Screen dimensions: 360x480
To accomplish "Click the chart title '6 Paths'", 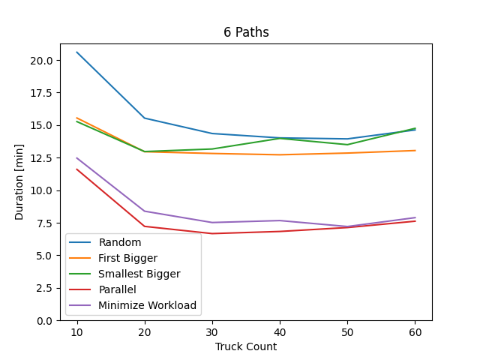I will coord(246,32).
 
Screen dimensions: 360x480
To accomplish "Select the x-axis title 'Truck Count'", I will coord(246,346).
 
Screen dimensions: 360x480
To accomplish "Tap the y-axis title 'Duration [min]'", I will coord(19,182).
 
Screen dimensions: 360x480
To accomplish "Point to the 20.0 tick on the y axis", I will coord(42,60).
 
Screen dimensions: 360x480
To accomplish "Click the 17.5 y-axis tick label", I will coord(42,93).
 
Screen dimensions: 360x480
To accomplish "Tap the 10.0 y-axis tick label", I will coord(42,190).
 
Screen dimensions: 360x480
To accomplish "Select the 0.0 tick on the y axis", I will coord(45,320).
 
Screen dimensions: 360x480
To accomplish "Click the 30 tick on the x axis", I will coord(212,331).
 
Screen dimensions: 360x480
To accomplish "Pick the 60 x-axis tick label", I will coord(415,331).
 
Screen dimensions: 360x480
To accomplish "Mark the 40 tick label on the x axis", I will coord(280,331).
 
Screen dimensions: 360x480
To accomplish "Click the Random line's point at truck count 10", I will coord(76,52).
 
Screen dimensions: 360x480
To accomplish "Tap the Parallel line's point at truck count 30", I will coord(212,233).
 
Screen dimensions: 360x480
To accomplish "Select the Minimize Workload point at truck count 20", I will coord(145,211).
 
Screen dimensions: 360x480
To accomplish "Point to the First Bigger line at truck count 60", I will coord(415,151).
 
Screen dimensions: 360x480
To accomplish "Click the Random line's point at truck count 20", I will coord(145,118).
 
